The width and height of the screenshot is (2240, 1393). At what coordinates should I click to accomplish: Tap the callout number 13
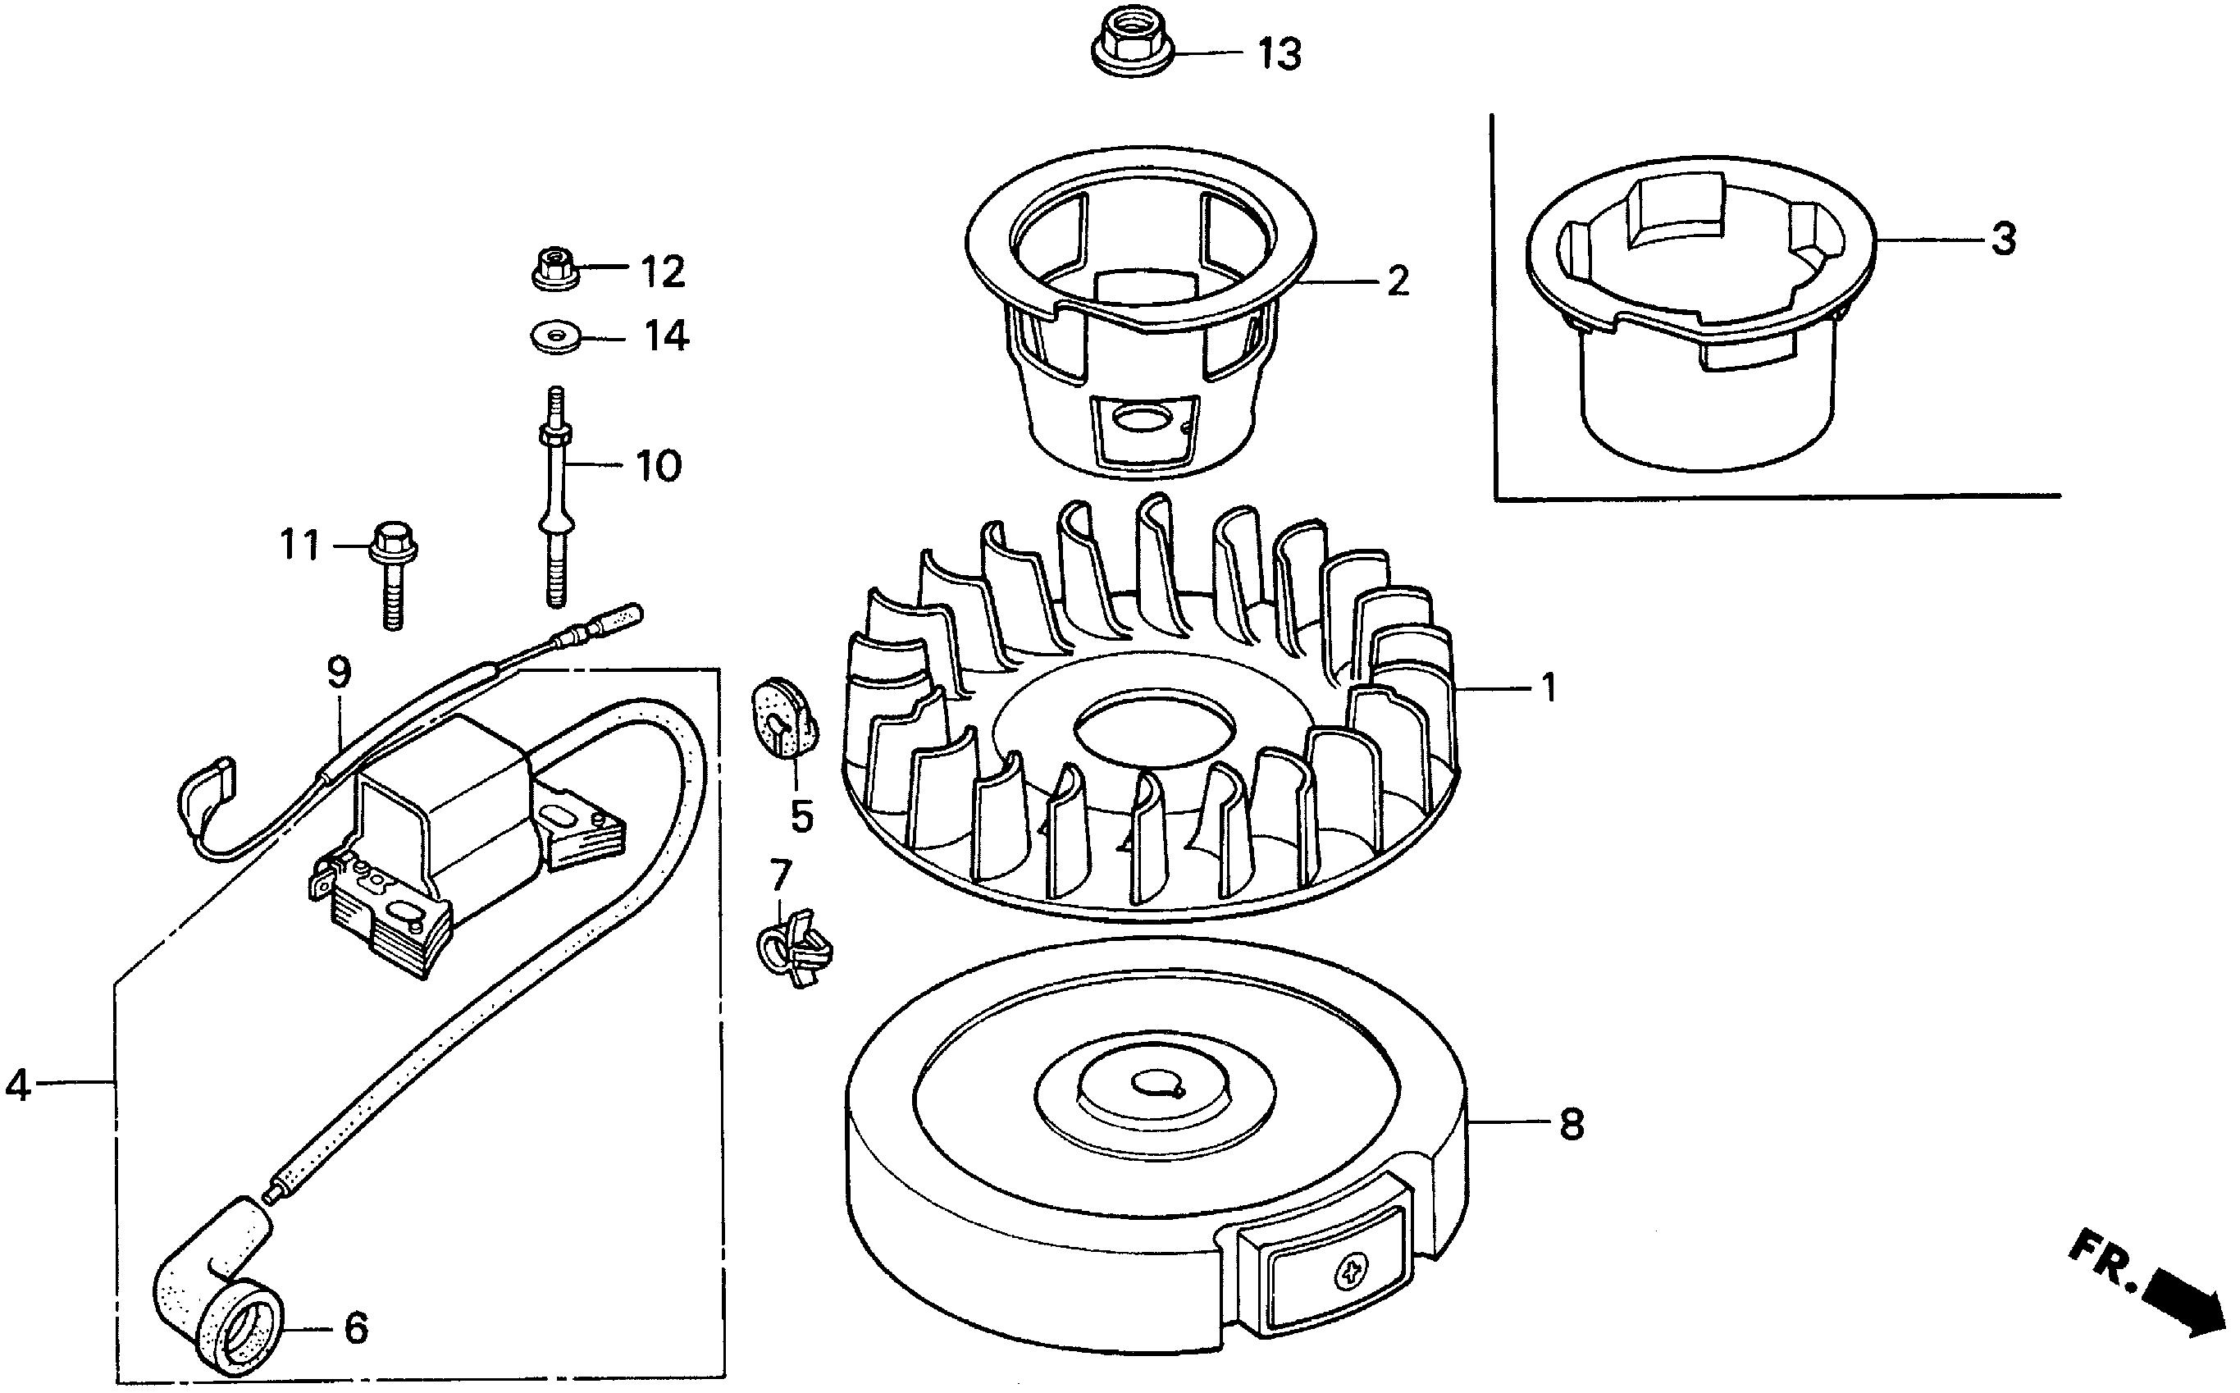click(x=1280, y=55)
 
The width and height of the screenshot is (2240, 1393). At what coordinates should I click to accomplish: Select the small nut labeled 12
click(x=555, y=268)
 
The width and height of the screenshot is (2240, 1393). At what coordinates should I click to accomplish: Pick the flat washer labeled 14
click(x=554, y=336)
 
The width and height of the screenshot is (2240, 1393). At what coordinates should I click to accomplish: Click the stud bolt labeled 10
click(x=555, y=497)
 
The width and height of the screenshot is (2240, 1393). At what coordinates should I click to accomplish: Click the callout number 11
click(x=300, y=546)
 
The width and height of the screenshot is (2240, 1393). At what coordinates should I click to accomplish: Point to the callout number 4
click(x=18, y=1085)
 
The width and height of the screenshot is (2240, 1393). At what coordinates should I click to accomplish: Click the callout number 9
click(x=339, y=674)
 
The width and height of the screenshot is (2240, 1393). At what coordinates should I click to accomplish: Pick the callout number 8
click(x=1571, y=1125)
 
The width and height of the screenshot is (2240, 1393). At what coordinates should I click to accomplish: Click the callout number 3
click(x=2003, y=240)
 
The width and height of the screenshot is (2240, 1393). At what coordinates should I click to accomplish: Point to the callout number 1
click(x=1549, y=687)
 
